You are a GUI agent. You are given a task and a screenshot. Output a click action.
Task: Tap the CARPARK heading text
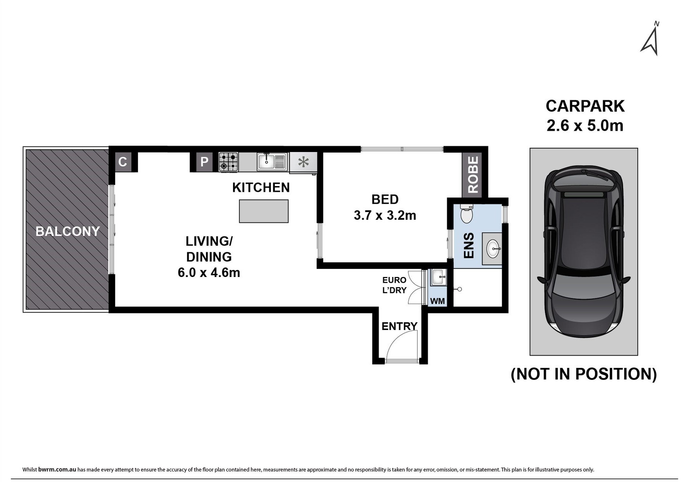pos(585,106)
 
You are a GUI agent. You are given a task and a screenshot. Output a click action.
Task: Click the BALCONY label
pos(68,231)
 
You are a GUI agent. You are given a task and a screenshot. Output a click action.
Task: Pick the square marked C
pos(123,162)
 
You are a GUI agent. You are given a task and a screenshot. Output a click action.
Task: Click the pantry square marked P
pos(204,161)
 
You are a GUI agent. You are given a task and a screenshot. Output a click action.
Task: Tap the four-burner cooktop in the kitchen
pos(228,162)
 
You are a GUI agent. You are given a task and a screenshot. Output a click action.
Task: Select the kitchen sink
pos(272,162)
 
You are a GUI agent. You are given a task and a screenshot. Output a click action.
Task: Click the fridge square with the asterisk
pos(303,162)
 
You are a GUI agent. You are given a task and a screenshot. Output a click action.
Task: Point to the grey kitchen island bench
pos(264,211)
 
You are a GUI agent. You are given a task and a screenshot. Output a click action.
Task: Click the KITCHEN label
pos(261,188)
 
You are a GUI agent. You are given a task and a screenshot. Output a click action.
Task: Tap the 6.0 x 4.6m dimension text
pos(209,273)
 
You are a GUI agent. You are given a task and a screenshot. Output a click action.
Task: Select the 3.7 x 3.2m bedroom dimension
pos(385,215)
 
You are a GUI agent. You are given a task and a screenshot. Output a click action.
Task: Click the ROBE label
pos(473,174)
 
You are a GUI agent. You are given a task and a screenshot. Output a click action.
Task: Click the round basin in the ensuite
pos(493,249)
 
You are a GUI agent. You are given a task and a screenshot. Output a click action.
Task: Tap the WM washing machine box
pos(437,301)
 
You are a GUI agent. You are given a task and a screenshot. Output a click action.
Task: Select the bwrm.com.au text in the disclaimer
pos(57,470)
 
